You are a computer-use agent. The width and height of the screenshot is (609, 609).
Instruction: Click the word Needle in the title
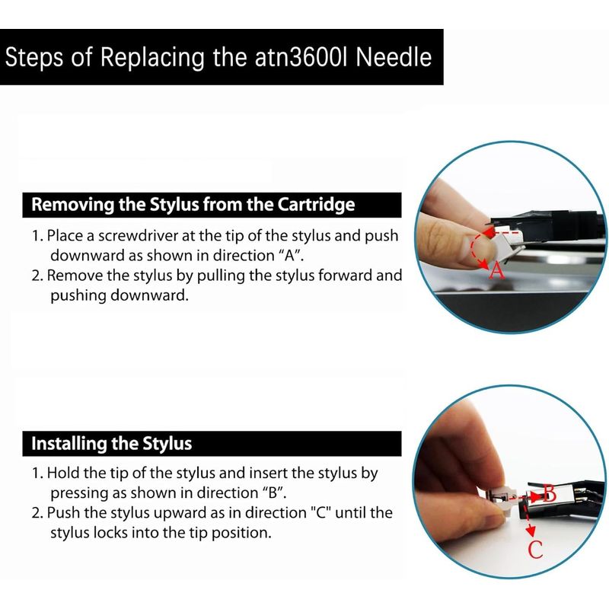394,57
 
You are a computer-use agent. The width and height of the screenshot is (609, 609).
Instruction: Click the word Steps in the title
33,58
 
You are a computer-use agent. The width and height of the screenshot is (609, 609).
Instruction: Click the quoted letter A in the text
289,256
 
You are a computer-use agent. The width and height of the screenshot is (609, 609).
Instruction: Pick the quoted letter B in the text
273,493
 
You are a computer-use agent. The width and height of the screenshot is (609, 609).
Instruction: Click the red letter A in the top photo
497,270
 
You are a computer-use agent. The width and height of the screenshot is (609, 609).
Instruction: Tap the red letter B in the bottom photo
549,493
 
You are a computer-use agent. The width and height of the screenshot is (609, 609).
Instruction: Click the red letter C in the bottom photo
536,550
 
